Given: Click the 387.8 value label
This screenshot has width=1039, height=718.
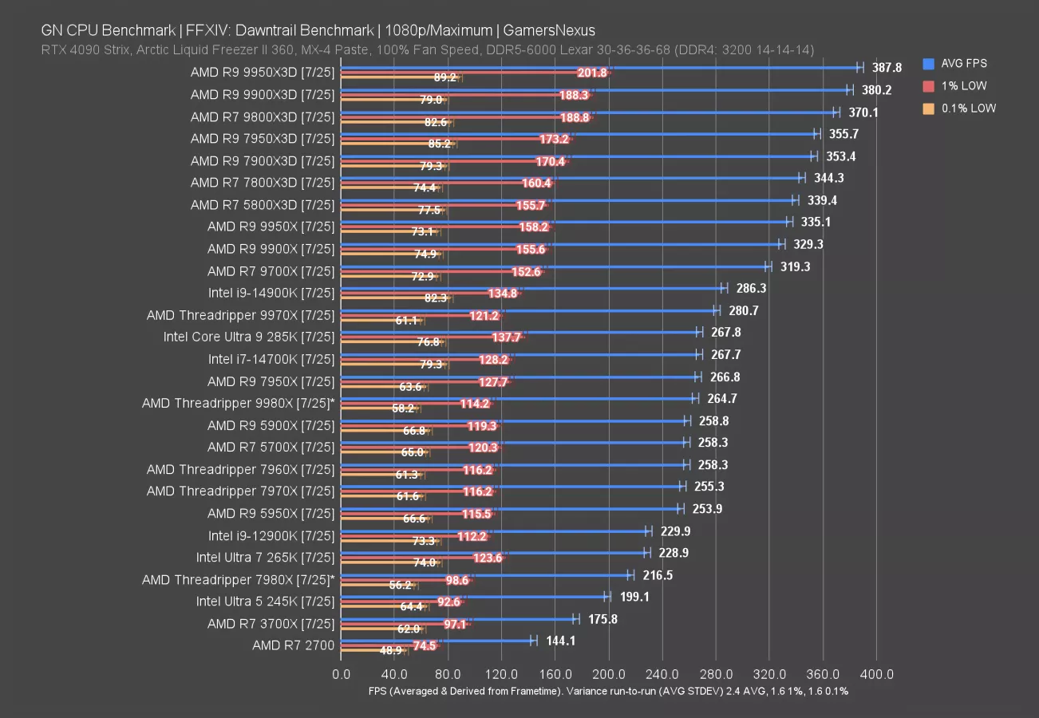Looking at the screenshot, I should (x=887, y=69).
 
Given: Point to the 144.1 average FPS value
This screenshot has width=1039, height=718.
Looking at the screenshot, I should (x=561, y=641).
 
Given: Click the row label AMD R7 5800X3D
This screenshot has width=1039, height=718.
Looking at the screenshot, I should (x=263, y=205).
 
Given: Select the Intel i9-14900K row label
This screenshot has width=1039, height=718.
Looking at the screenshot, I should (x=271, y=293).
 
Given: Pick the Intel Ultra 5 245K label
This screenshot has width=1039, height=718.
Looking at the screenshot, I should (x=265, y=602).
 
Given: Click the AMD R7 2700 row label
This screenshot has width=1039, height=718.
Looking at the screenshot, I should (x=293, y=645).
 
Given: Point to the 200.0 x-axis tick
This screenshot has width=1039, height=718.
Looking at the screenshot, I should (x=609, y=674).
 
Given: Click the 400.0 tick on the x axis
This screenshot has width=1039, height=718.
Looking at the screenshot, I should (x=876, y=674).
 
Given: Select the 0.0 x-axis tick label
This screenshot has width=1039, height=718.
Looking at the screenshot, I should (x=341, y=674).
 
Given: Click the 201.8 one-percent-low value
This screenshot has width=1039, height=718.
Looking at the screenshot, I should (x=591, y=73).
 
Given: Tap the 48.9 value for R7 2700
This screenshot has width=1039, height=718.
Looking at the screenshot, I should (x=391, y=650).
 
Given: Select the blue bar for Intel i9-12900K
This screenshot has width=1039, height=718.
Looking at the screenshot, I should (x=495, y=531).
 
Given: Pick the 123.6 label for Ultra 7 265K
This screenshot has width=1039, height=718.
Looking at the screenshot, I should (x=488, y=558).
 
